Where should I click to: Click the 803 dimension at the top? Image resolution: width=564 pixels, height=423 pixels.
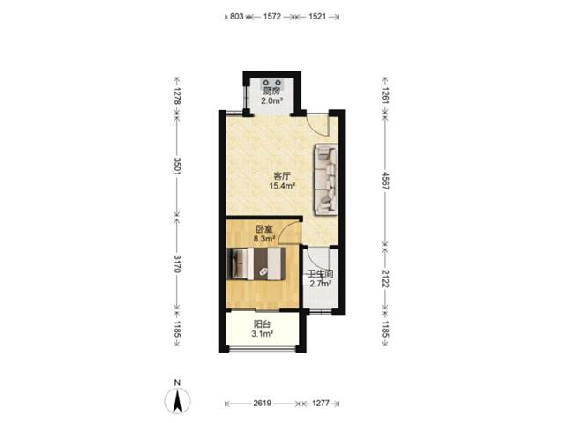click(x=237, y=17)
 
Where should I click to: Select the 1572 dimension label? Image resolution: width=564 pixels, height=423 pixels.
click(x=272, y=17)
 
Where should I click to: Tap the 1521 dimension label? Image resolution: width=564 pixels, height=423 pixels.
click(x=317, y=17)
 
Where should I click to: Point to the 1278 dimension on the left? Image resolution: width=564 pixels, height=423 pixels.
click(x=177, y=96)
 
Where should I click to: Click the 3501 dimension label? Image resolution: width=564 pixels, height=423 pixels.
click(x=177, y=167)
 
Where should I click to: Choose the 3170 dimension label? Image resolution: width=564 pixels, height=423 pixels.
click(x=177, y=264)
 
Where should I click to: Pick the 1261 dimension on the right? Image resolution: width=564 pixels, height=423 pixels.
click(x=386, y=96)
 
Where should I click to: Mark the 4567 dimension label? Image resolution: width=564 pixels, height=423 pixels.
click(x=386, y=182)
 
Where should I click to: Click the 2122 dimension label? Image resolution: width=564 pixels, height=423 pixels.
click(x=386, y=278)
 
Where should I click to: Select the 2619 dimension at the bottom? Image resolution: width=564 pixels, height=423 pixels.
click(x=263, y=404)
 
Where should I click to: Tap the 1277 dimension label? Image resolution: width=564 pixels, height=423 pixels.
click(x=321, y=404)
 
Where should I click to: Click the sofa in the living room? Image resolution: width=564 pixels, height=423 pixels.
click(x=327, y=180)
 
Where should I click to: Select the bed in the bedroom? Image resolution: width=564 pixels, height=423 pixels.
click(x=256, y=263)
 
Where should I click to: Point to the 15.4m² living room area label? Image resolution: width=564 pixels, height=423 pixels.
click(x=282, y=186)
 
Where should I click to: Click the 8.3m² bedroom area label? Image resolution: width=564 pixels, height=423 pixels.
click(x=264, y=238)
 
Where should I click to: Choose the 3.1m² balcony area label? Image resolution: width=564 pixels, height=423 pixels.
click(x=263, y=334)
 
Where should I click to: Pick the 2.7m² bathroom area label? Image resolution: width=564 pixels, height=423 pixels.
click(x=321, y=284)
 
